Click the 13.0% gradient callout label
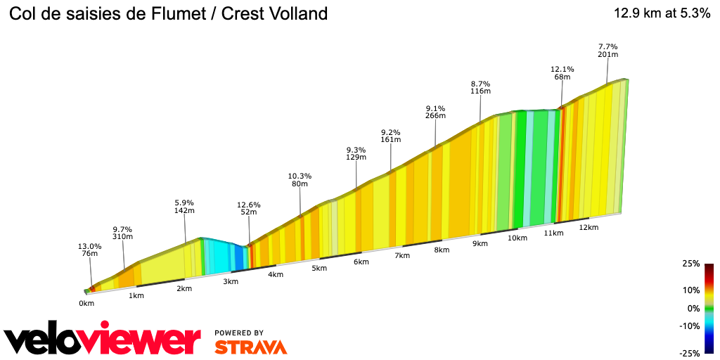[89, 246]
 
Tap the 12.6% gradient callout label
[249, 205]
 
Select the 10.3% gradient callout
[300, 176]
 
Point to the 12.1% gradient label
[562, 69]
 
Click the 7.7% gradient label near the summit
[607, 45]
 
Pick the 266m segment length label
[435, 116]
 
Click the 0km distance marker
[86, 304]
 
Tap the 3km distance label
[231, 282]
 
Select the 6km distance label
[361, 262]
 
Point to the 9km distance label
[480, 244]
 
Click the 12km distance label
[589, 228]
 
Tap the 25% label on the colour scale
[691, 264]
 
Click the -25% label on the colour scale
[690, 353]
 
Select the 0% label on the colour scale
[693, 308]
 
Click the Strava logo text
[250, 347]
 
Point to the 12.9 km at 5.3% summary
[662, 13]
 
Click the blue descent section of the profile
[238, 258]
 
